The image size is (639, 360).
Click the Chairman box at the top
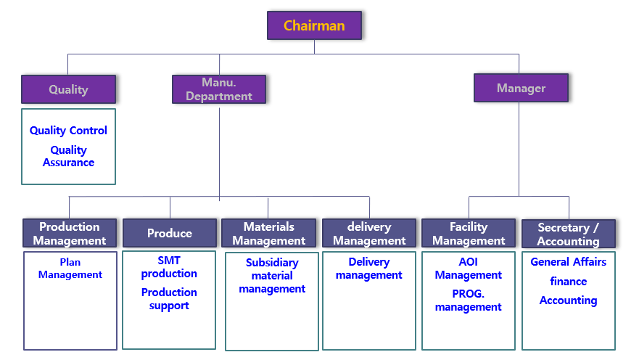(314, 26)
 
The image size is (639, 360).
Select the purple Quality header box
(68, 89)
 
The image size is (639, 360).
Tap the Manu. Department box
(219, 89)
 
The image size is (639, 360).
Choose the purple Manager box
(521, 88)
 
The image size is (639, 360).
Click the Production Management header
(70, 233)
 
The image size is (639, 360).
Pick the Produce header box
(170, 233)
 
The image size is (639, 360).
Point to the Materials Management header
(269, 233)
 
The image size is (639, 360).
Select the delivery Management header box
(369, 233)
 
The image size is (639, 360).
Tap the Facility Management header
(469, 233)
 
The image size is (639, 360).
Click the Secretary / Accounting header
(569, 234)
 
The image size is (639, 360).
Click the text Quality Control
(68, 131)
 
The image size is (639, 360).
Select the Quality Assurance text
(68, 156)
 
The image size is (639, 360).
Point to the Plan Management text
(70, 268)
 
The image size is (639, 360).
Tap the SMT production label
(169, 266)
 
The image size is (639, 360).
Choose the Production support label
(169, 298)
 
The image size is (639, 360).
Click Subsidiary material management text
(272, 276)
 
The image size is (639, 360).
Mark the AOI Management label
(469, 268)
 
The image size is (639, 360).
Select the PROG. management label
(469, 300)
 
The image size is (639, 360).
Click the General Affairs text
(569, 262)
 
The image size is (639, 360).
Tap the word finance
(569, 282)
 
